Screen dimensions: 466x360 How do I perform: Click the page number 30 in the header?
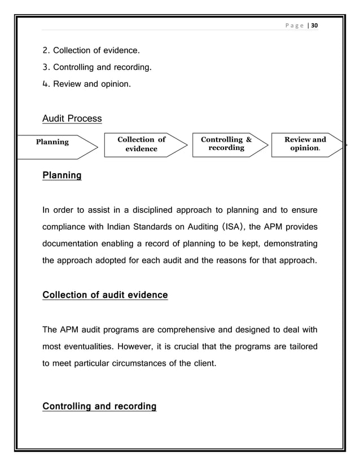314,27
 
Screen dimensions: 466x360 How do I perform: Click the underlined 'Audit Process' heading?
72,118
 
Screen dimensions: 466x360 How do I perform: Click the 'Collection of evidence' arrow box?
142,144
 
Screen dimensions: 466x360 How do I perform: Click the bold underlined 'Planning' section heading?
62,175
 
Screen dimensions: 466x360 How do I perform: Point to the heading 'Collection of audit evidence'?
105,295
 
